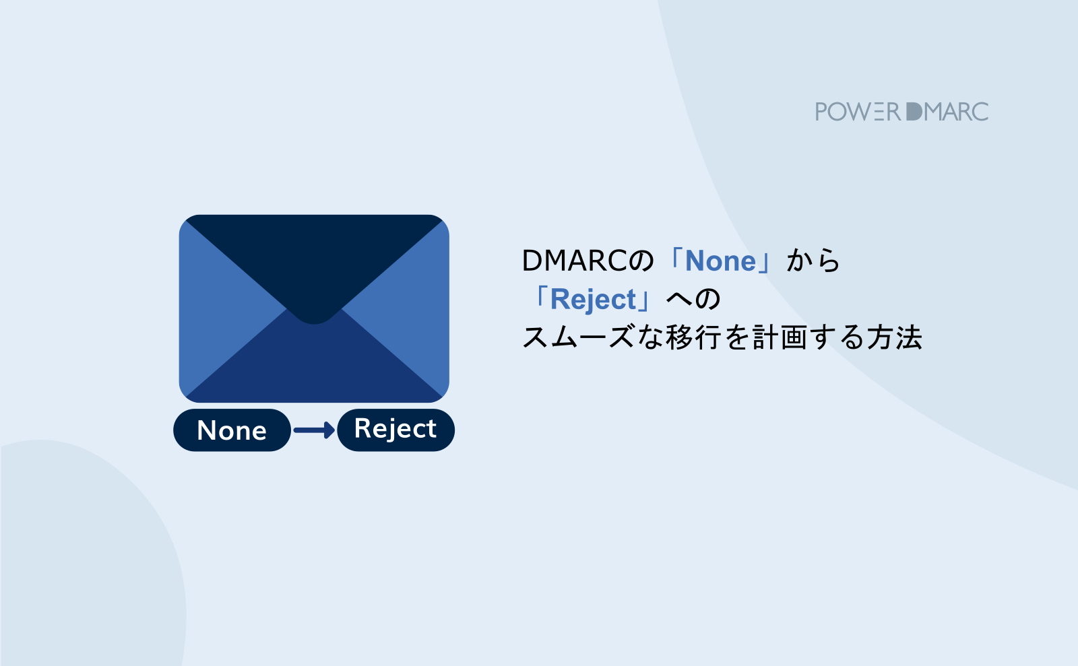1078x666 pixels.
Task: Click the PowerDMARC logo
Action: [x=901, y=112]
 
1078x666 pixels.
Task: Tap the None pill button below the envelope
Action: [x=232, y=430]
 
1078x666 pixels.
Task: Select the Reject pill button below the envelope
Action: [x=395, y=430]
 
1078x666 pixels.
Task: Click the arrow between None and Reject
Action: [x=314, y=430]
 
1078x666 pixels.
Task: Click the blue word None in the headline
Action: [x=720, y=261]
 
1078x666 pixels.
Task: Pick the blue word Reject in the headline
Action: [x=593, y=300]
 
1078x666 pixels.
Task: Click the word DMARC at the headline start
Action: [x=575, y=261]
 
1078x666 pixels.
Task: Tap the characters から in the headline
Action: [x=814, y=261]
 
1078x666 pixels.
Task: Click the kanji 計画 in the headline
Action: [x=780, y=337]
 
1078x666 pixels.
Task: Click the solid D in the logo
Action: [x=914, y=112]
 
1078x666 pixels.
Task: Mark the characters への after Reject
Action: [x=694, y=300]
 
